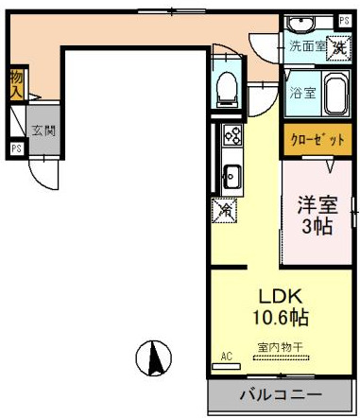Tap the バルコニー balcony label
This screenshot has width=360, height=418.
coord(279,394)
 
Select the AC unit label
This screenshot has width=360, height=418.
coord(226,357)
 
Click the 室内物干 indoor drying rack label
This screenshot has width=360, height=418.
coord(281,347)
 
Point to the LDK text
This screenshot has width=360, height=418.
coord(278,294)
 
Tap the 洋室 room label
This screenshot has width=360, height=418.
coord(317,202)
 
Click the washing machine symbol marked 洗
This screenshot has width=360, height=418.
coord(337,46)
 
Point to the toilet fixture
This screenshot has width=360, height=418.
coord(227,91)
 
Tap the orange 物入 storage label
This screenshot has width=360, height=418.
coord(16,83)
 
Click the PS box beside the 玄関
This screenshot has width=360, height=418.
coord(16,148)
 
